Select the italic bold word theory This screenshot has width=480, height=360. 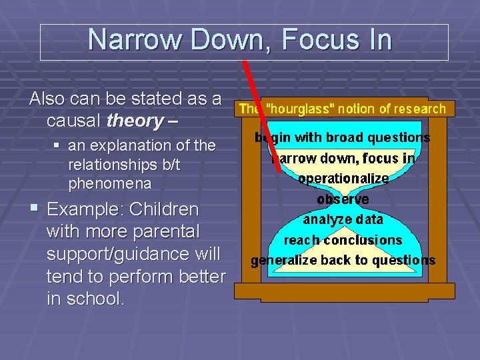click(x=134, y=121)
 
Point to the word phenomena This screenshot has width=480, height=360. click(x=109, y=183)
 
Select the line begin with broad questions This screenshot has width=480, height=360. click(x=342, y=137)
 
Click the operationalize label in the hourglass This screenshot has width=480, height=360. click(x=343, y=179)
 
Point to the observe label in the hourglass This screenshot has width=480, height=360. click(x=343, y=199)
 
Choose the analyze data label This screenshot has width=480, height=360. click(x=343, y=219)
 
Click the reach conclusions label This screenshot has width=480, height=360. click(x=343, y=240)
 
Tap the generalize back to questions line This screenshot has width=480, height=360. click(x=343, y=261)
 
